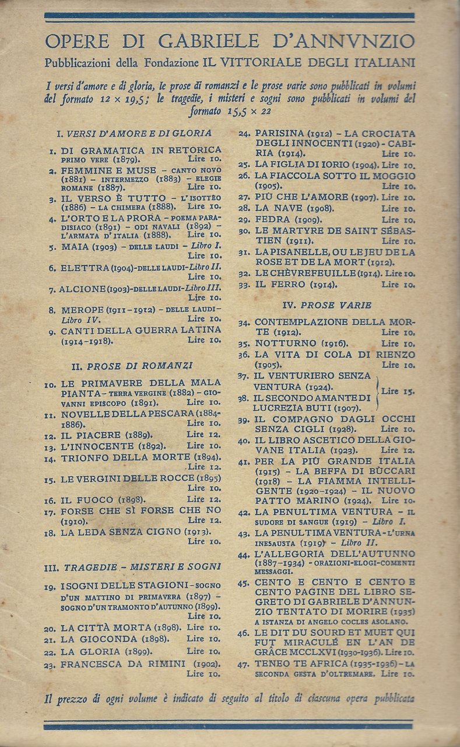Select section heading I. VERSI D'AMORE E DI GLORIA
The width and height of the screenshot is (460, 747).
coord(134,133)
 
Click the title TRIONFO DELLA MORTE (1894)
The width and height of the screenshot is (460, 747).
coord(131,458)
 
